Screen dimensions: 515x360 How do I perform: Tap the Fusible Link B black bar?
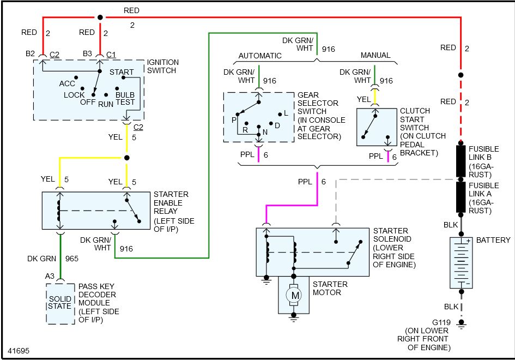tap(461, 161)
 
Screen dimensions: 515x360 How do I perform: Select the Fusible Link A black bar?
tap(461, 197)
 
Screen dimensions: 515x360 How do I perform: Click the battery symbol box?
tap(461, 263)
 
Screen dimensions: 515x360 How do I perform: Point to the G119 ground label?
tap(441, 322)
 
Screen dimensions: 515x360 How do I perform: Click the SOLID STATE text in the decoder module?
tap(60, 303)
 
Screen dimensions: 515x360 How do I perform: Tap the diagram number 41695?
tap(19, 351)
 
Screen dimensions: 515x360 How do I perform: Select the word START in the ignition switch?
tap(122, 72)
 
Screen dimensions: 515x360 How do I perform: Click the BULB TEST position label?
tap(125, 98)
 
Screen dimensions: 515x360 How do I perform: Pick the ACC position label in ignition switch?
tap(67, 83)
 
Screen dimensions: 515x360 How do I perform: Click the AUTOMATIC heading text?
tap(260, 56)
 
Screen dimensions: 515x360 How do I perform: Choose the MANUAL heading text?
tap(375, 55)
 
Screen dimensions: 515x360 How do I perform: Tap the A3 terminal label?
tap(50, 276)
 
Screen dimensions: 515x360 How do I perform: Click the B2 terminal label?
tap(30, 53)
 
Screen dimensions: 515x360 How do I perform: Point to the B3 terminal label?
tap(87, 53)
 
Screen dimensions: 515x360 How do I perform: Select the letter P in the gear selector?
tap(234, 120)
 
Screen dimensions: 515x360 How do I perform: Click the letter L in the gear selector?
tap(286, 113)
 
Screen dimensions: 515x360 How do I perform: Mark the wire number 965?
tap(71, 259)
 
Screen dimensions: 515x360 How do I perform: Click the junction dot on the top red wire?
tap(100, 17)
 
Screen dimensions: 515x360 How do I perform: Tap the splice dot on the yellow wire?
tap(127, 158)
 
